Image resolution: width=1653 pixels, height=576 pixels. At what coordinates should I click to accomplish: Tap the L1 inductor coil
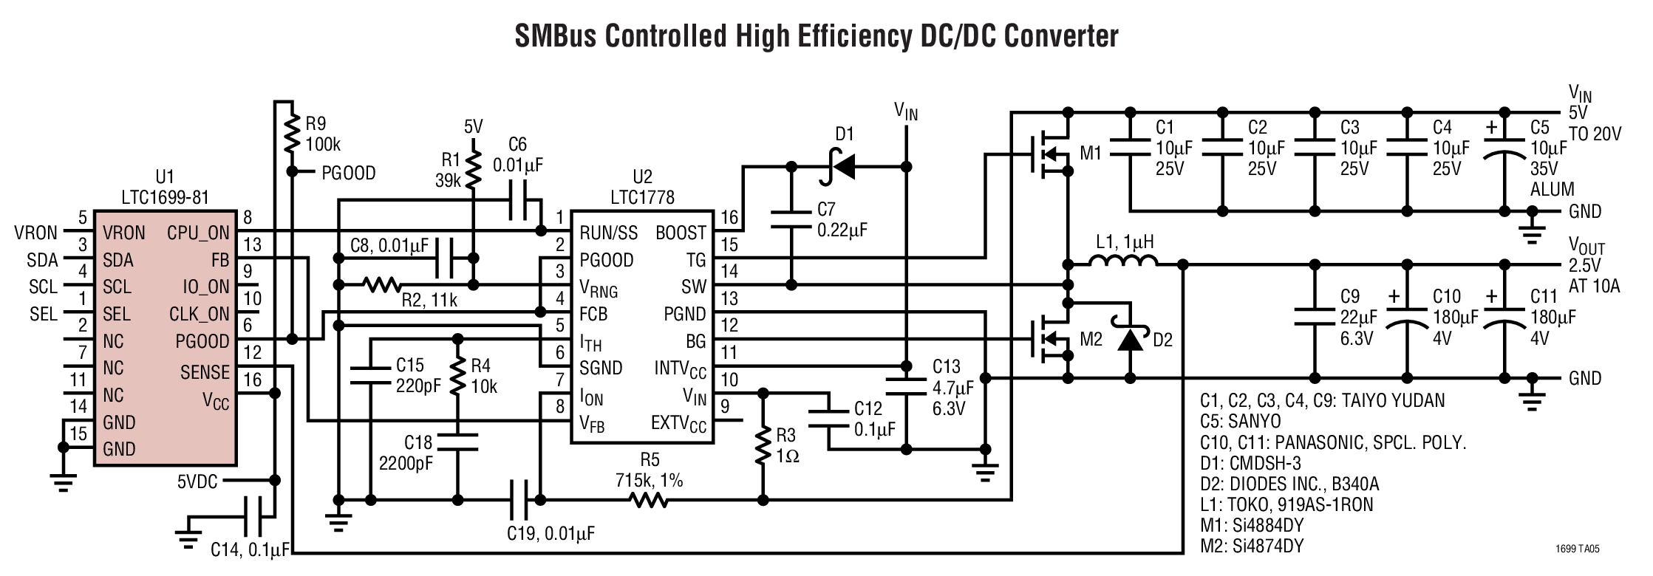(x=1122, y=262)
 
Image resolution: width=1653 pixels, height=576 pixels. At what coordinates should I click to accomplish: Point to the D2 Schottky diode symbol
(x=1129, y=340)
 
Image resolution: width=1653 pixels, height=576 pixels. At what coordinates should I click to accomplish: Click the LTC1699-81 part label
(x=164, y=197)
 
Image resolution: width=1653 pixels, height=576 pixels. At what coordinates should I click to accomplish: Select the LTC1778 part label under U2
(x=642, y=197)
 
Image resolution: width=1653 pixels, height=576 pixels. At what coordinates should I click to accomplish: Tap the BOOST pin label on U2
(x=681, y=233)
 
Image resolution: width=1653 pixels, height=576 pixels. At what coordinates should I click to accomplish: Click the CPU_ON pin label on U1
(x=198, y=233)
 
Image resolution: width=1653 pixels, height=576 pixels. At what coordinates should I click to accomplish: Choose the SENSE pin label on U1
(x=205, y=373)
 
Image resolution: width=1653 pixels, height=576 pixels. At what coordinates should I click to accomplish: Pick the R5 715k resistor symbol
(x=648, y=501)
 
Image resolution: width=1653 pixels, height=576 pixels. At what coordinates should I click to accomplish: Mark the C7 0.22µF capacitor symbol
(x=791, y=219)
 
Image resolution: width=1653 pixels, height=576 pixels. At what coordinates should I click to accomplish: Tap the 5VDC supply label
(x=197, y=481)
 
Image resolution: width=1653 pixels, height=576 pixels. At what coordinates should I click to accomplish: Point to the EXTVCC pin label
(x=678, y=424)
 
